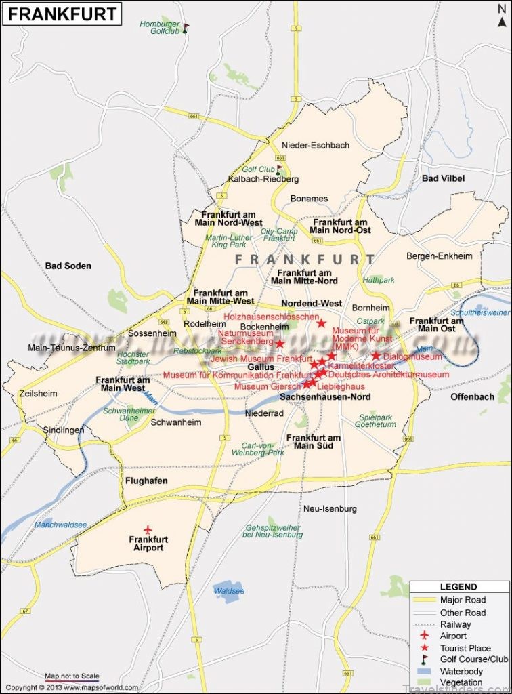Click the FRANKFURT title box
coord(62,14)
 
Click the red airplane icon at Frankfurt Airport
coord(148,529)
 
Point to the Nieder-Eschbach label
coord(316,145)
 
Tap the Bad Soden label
coord(68,266)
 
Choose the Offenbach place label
coord(473,396)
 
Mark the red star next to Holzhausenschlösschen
coord(321,323)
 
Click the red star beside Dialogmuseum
coord(376,356)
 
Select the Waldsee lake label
coord(229,591)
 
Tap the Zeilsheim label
coord(39,393)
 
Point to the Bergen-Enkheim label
coord(440,256)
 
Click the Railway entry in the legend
coord(455,624)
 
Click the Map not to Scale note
coord(72,676)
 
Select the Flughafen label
coord(146,481)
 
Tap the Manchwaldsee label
coord(60,525)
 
